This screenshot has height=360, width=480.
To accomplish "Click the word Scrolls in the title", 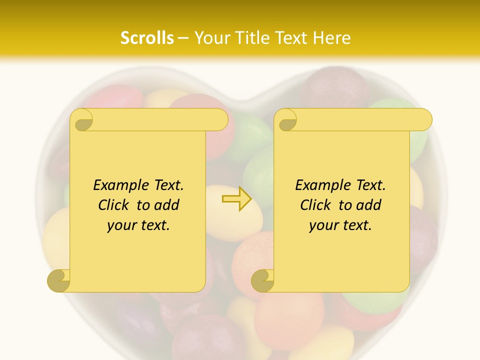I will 147,38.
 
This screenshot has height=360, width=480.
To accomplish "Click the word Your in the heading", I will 211,38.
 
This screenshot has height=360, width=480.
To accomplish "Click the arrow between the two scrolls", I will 236,198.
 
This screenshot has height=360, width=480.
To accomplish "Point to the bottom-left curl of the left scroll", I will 59,280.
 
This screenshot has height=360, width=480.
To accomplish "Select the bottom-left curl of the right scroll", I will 263,280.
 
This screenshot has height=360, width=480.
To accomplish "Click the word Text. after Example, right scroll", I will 367,185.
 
